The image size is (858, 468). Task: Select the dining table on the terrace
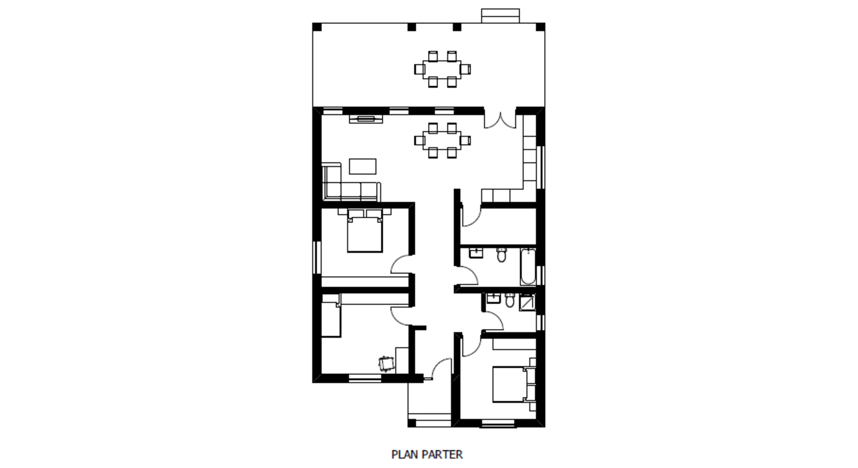coord(442,69)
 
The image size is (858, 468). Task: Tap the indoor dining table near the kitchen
coord(442,140)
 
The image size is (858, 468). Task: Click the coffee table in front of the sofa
coord(363,166)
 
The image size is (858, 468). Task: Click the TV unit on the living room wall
coord(366,119)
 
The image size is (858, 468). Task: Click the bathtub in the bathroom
coord(528,266)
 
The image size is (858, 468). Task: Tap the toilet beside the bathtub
coord(501,255)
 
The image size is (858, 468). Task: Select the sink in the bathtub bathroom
coord(476,253)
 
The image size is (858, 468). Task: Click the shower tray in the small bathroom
coord(527,302)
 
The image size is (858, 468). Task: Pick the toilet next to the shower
coord(510,300)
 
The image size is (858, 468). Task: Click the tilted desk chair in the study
coord(387,364)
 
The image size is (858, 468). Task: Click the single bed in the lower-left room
coord(331,315)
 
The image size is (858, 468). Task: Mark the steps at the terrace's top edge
coord(500,16)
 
